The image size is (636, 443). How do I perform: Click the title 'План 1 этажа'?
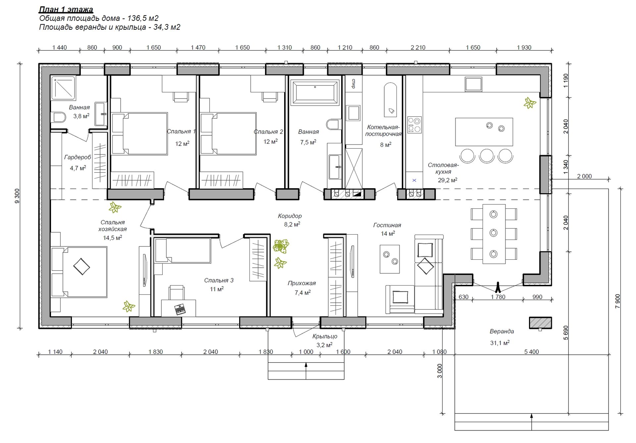pos(66,10)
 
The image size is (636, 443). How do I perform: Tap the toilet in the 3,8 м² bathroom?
pos(58,117)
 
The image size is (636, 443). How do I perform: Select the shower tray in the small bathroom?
pos(63,88)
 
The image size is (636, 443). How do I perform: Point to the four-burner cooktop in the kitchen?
pos(414,125)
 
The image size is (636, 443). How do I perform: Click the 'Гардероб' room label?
pos(78,157)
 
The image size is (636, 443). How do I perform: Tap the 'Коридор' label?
pos(290,216)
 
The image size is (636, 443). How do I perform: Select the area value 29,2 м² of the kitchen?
pos(448,180)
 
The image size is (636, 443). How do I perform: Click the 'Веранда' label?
pos(502,332)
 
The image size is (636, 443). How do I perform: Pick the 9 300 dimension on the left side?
pos(17,196)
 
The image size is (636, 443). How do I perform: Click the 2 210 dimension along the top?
pos(418,48)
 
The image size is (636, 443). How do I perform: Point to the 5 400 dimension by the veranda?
pos(531,352)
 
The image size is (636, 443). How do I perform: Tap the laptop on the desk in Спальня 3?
pos(180,309)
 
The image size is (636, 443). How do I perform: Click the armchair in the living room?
pos(400,299)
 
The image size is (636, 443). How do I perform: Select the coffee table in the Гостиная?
pos(390,259)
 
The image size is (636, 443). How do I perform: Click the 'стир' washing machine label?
pos(353,84)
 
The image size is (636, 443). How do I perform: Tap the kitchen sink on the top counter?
pos(473,84)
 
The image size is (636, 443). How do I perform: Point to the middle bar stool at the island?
pos(487,155)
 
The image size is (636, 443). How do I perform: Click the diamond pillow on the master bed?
pos(81,266)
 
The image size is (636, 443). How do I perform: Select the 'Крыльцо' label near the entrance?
pos(325,336)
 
